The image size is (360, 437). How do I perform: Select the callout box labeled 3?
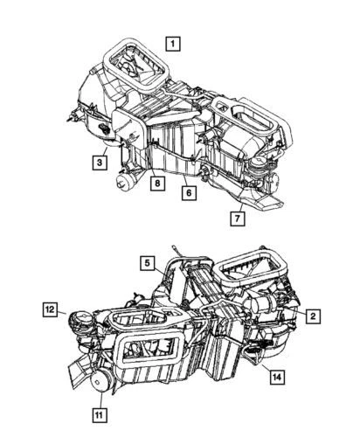click(x=102, y=161)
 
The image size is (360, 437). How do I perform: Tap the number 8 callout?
click(x=157, y=184)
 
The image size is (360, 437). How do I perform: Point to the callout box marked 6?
click(x=188, y=193)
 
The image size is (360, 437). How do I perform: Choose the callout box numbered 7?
click(x=237, y=218)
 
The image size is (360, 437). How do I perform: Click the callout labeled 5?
click(x=149, y=262)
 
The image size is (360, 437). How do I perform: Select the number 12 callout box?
click(x=52, y=309)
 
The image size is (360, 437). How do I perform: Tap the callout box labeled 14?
click(x=277, y=377)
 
